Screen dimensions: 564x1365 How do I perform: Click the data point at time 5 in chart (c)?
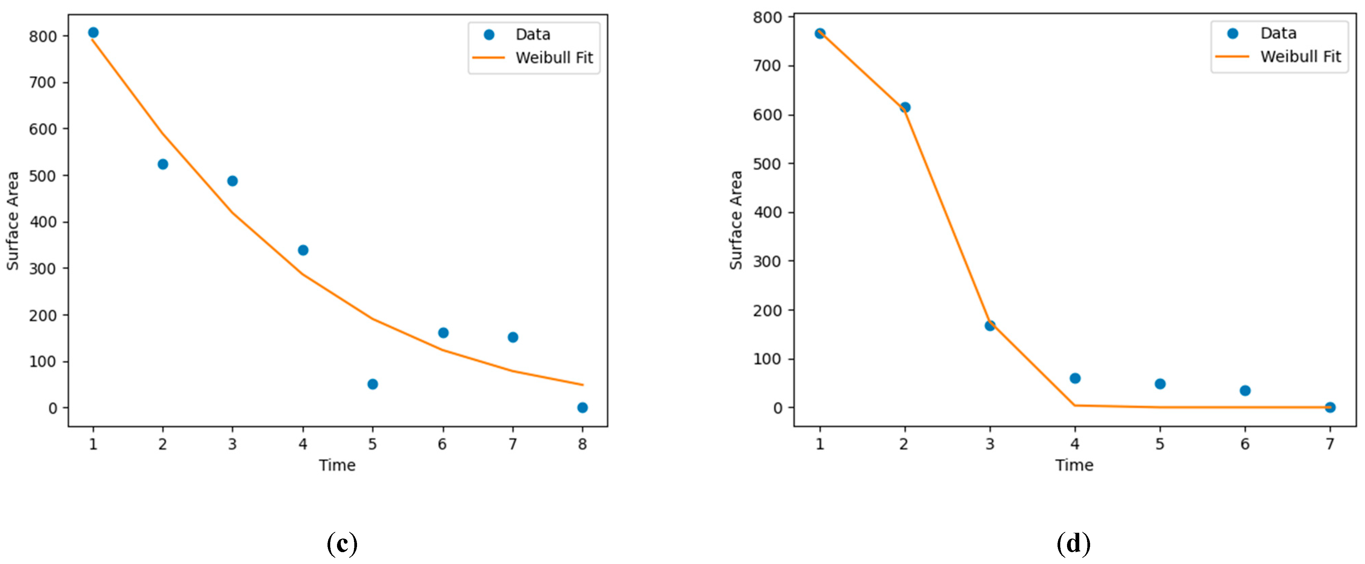[x=373, y=384]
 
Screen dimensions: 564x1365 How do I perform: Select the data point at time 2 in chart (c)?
[x=163, y=164]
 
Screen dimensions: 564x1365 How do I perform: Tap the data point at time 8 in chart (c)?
[x=582, y=408]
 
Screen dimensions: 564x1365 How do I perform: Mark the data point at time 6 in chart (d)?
[x=1245, y=391]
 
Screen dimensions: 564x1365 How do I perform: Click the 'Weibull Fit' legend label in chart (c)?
[x=554, y=57]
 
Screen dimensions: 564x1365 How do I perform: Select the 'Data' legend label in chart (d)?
[x=1278, y=33]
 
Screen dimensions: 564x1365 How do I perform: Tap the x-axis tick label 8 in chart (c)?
[x=582, y=444]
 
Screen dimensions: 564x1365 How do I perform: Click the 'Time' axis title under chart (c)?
[x=337, y=465]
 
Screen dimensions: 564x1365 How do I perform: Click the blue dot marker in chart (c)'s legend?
[x=489, y=35]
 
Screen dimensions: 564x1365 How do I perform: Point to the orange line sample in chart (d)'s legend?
[x=1232, y=57]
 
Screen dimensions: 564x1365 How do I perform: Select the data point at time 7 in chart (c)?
[x=512, y=337]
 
